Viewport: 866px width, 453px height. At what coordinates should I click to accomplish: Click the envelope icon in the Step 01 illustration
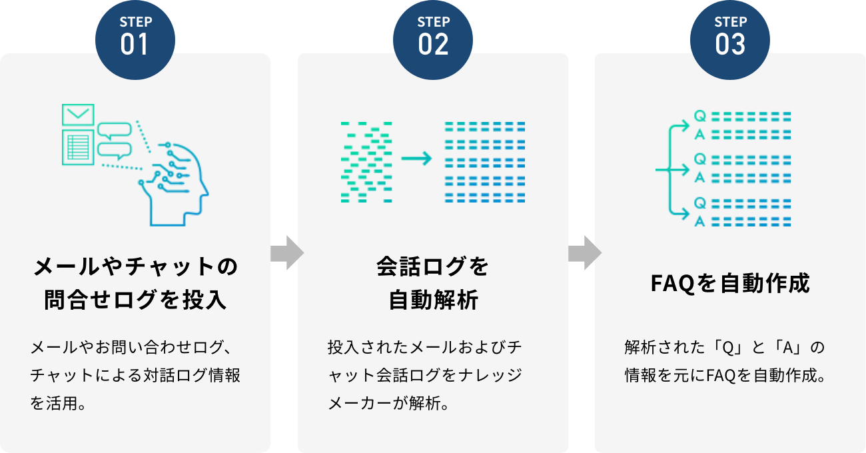78,115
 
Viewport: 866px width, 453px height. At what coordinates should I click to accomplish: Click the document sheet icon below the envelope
78,147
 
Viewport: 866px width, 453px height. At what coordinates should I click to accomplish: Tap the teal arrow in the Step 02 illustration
416,159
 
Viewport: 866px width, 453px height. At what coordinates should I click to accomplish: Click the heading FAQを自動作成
730,284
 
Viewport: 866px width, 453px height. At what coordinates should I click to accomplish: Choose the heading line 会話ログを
433,267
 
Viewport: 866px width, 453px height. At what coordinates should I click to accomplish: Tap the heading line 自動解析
433,300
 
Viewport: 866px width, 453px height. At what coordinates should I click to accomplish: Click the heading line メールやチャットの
135,267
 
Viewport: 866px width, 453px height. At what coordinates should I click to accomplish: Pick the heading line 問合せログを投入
135,300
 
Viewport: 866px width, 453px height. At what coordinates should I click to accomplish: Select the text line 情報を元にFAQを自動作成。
725,375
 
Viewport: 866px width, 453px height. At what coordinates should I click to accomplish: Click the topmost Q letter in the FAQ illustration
699,116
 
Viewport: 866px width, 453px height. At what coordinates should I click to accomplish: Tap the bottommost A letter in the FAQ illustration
699,221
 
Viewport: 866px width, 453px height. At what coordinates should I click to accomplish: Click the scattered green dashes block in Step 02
366,162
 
